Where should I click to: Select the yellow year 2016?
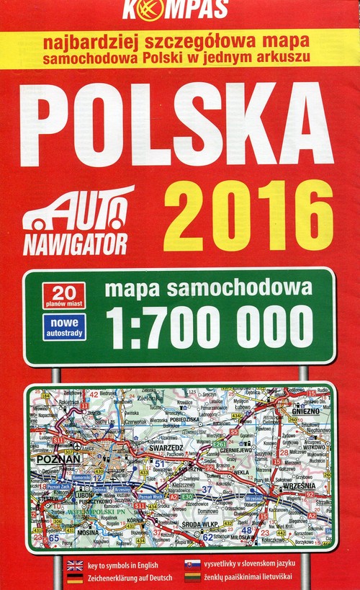tap(248, 214)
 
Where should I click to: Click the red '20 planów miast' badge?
tap(63, 295)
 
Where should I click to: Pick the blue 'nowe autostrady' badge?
tap(63, 326)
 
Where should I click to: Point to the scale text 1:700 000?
tap(210, 327)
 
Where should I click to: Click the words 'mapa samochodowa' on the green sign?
tap(209, 290)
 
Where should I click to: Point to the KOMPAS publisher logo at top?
tap(176, 9)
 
